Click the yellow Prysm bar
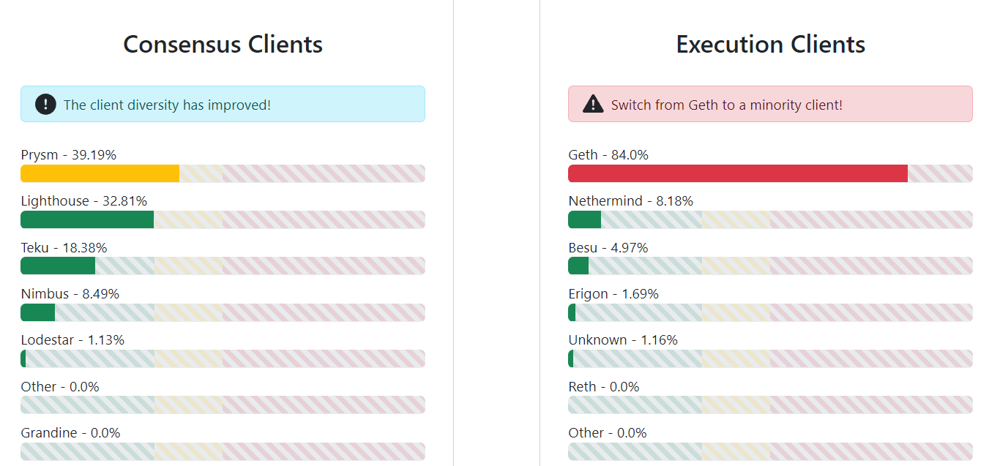[x=100, y=173]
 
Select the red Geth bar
[x=737, y=173]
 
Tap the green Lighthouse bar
[x=87, y=219]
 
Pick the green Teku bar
[x=58, y=266]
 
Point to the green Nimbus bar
[x=37, y=312]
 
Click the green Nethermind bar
[x=584, y=219]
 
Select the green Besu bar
[x=578, y=266]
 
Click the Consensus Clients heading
[x=223, y=44]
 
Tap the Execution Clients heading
[x=770, y=44]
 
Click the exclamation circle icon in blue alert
[x=45, y=105]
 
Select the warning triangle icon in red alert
[x=593, y=105]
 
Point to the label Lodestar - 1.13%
[x=72, y=340]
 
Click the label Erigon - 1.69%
[x=613, y=294]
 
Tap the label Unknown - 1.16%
[x=623, y=340]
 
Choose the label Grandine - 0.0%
[x=70, y=433]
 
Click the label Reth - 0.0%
[x=604, y=387]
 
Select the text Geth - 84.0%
[x=608, y=155]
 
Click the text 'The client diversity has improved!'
[x=167, y=105]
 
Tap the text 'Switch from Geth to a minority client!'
[x=727, y=105]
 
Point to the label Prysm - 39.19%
[x=69, y=155]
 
